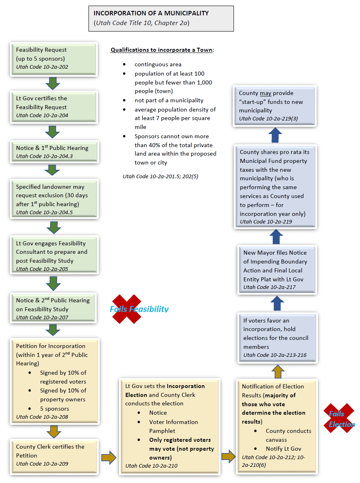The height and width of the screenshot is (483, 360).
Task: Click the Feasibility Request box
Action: coord(53,58)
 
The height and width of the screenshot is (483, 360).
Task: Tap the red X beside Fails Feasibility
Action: coord(126,309)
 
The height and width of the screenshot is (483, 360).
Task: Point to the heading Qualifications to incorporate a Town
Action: coord(162,50)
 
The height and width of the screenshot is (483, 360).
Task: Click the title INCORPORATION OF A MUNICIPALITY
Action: coord(151,13)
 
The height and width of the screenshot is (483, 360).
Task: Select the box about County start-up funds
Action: coord(276,105)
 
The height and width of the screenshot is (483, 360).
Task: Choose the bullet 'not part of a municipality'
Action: coord(169,100)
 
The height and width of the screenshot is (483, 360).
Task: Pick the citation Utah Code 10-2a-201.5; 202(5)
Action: coord(160,176)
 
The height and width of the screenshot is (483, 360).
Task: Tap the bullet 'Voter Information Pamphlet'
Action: coord(173,426)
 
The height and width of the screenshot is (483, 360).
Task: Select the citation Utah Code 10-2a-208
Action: coord(42,417)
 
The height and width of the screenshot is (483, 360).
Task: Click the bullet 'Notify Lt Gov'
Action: coord(283,449)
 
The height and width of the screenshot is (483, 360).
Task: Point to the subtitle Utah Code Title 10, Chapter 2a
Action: coord(141,23)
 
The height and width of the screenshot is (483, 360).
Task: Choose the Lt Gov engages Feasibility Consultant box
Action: coord(53,255)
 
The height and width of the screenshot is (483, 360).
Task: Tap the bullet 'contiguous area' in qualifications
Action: coord(158,64)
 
